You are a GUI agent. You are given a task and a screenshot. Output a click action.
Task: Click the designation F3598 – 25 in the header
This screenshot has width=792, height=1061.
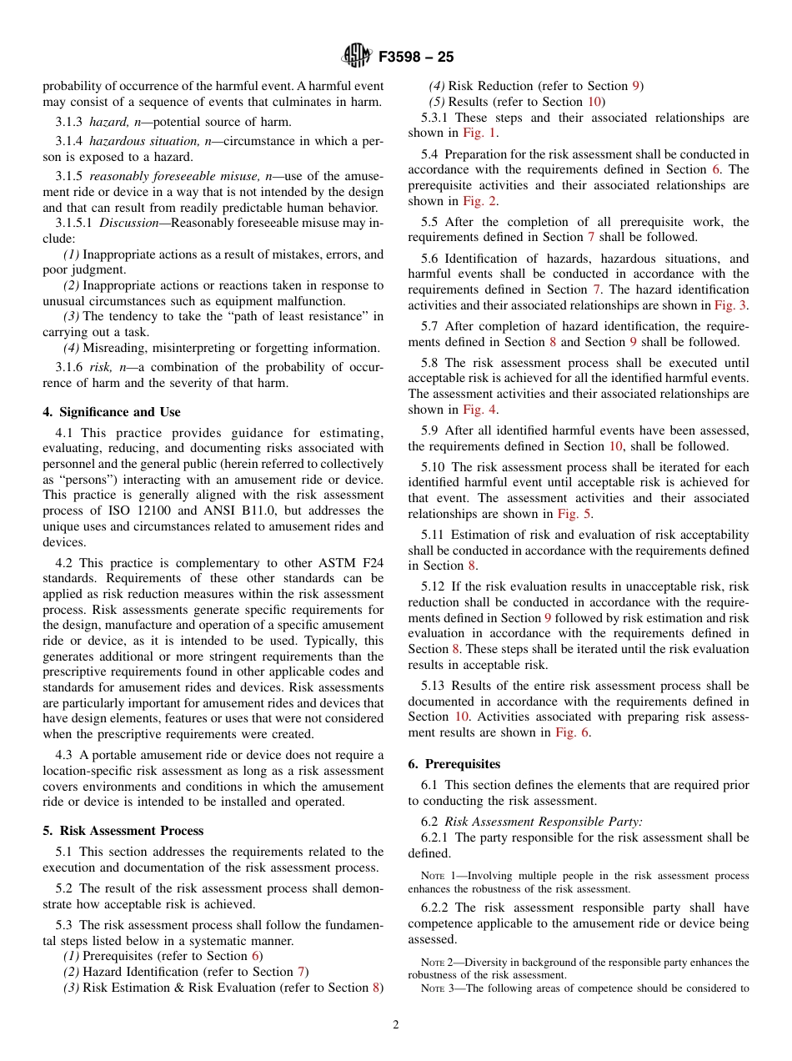tap(416, 58)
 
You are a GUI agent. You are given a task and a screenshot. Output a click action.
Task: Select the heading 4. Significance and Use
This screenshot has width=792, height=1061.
tap(112, 412)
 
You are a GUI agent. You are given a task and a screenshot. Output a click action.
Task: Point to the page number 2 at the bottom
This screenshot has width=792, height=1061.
tap(396, 1025)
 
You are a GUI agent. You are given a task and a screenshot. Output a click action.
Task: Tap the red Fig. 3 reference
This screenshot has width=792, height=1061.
tap(731, 305)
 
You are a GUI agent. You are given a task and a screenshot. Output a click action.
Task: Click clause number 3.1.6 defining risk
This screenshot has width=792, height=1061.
tap(69, 369)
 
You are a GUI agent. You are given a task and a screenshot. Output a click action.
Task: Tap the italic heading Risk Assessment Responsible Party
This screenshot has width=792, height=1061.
tap(543, 822)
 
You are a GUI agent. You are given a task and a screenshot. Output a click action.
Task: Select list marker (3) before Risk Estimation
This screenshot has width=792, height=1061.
tap(72, 988)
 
